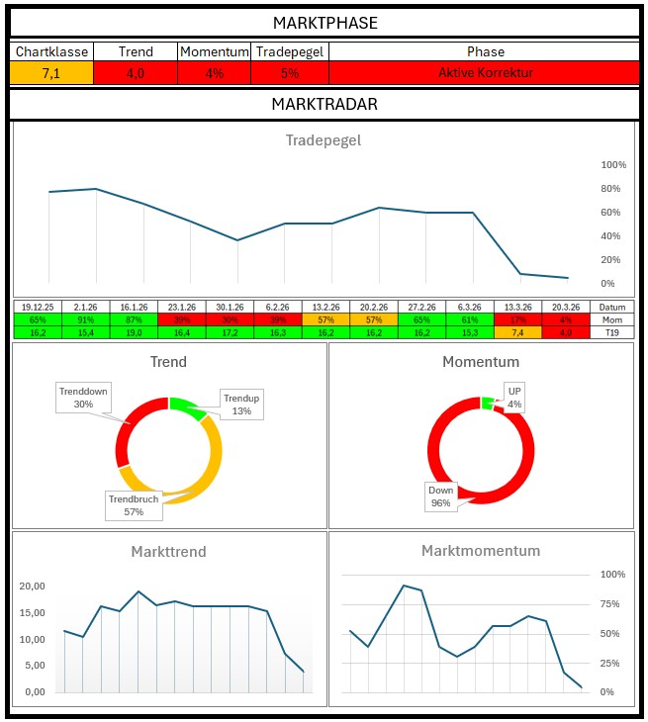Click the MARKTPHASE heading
[324, 23]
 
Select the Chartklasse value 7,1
[51, 73]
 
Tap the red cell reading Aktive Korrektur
[485, 73]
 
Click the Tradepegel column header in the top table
[289, 51]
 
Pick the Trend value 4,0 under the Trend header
[135, 73]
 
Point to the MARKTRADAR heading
[324, 104]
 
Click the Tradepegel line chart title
[324, 140]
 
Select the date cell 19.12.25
[38, 308]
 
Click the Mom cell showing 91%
[86, 320]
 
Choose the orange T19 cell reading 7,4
[517, 333]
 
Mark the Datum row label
[612, 308]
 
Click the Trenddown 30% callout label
[83, 399]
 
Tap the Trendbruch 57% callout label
[134, 505]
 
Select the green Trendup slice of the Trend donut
[183, 404]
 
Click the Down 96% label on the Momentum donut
[440, 496]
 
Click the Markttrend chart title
[168, 551]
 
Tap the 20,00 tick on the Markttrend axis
[34, 586]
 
